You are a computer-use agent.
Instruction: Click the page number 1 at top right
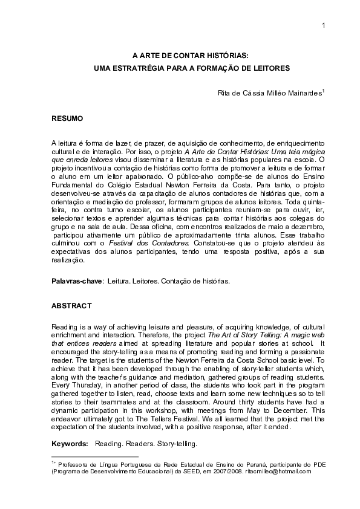[x=324, y=25]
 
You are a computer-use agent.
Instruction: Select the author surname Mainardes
[x=304, y=93]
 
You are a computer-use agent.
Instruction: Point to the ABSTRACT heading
[x=71, y=305]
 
